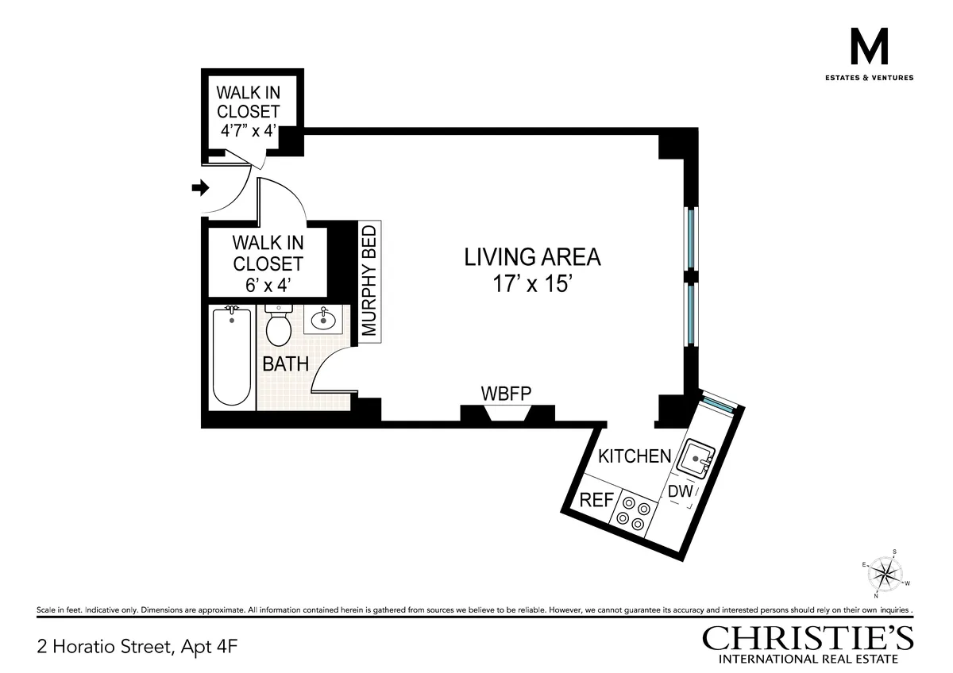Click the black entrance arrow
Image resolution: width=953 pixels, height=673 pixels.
199,188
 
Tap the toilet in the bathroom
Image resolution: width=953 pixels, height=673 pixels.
278,327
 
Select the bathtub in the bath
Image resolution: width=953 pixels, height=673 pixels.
232,357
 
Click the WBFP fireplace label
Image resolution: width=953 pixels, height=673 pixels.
506,393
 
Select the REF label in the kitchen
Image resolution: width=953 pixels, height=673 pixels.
596,500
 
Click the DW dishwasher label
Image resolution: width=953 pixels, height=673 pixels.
681,492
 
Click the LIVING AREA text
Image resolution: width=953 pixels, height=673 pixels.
532,257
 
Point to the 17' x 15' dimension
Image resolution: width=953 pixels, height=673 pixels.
532,284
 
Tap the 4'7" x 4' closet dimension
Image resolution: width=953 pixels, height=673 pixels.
248,131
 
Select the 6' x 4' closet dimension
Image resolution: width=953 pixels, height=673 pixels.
268,284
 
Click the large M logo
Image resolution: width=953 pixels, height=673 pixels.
870,48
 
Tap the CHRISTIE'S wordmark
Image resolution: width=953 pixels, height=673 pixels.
808,638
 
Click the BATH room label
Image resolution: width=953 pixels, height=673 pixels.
286,364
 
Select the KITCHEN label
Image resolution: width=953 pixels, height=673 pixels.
635,456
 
